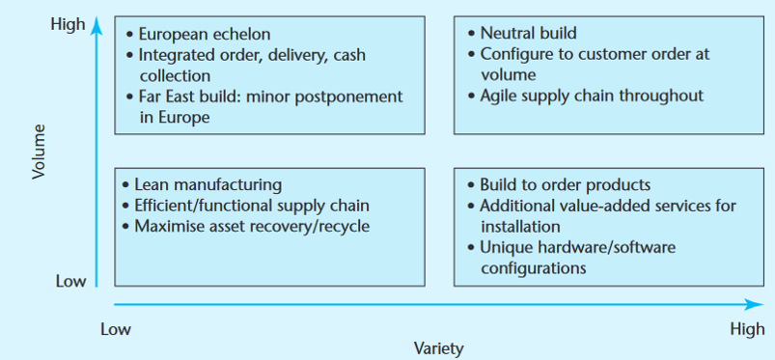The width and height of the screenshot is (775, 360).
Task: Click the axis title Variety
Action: click(438, 347)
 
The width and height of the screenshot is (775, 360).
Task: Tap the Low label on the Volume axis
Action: click(70, 282)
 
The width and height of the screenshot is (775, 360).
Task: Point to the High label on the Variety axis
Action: click(747, 329)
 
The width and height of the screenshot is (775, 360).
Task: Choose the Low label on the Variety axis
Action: click(116, 329)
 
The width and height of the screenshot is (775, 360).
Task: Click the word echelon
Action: click(239, 34)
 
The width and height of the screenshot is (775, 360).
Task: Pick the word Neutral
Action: click(507, 34)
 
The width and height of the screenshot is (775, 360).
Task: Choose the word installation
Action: click(519, 226)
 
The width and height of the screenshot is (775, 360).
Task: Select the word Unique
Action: click(505, 247)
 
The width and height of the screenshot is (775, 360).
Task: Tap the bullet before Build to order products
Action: click(469, 184)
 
